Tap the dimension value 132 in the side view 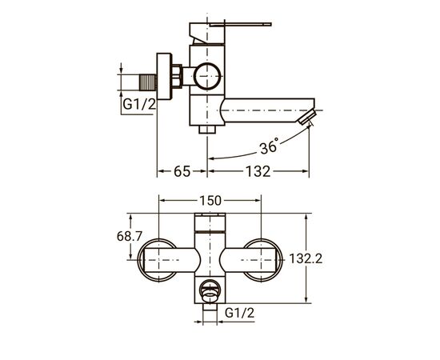[x=258, y=171]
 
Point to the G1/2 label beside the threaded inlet [x=139, y=104]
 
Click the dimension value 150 [x=209, y=202]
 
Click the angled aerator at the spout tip [x=305, y=118]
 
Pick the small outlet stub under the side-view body [x=209, y=127]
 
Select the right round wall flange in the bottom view [x=262, y=258]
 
